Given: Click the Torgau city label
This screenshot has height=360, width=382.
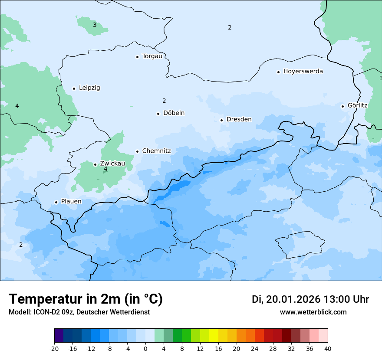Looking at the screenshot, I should (x=152, y=56).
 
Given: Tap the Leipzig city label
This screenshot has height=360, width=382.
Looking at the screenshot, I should (x=89, y=88).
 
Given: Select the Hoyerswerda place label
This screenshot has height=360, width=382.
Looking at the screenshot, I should (x=303, y=72).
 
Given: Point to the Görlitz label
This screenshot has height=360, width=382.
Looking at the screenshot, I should (x=357, y=105).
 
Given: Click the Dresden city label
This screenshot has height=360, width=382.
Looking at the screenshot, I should (x=239, y=119).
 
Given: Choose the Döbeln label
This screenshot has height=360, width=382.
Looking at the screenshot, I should (x=174, y=113).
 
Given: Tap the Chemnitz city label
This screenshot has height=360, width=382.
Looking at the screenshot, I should (x=156, y=151).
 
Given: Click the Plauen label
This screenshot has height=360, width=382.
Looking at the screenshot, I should (x=71, y=202).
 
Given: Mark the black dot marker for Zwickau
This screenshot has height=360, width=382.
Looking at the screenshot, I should (x=95, y=164).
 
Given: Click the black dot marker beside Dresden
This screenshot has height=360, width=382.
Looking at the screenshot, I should (x=221, y=120).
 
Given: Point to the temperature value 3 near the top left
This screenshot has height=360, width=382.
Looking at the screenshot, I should (x=95, y=25).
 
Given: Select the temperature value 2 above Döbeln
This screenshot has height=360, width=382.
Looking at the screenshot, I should (x=164, y=101).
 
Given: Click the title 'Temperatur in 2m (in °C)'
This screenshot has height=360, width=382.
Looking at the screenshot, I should (x=86, y=299).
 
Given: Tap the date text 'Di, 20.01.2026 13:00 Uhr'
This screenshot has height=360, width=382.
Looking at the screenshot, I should (x=310, y=299).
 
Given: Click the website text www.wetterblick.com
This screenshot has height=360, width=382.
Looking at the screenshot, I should (x=313, y=312).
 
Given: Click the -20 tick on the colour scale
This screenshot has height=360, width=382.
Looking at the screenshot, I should (x=54, y=349).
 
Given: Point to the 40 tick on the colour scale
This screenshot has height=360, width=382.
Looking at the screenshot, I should (x=328, y=349).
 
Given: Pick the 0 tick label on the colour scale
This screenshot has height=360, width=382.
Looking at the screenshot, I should (x=145, y=349).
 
